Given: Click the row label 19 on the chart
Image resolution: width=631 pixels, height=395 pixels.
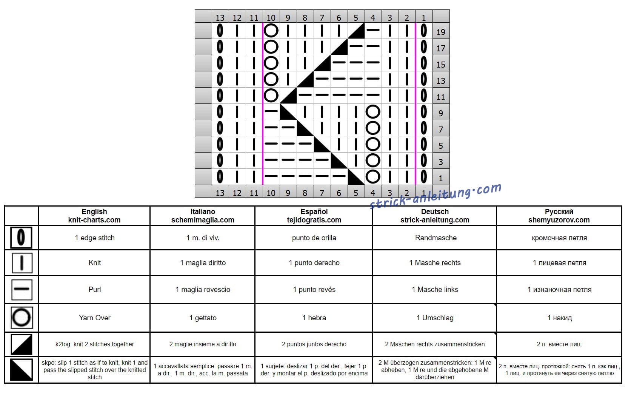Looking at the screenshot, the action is point(440,32).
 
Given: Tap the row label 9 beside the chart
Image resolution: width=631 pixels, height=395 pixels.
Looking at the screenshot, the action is point(440,113).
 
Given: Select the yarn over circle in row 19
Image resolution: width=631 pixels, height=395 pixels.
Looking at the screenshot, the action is point(271,31).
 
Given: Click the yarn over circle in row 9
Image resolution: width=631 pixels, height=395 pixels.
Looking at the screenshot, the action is point(373,112).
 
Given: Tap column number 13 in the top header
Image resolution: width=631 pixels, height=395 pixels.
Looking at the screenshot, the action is point(220,18).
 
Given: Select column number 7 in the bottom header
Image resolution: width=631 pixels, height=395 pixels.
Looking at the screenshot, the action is point(322,193).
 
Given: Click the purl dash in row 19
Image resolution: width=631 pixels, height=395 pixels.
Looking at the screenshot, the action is point(373,29).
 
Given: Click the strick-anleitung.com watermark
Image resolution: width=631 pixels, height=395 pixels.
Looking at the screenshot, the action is point(435,196).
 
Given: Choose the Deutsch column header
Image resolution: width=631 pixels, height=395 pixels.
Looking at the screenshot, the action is point(435,216).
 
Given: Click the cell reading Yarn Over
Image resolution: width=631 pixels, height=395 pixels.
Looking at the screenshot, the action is point(95,318).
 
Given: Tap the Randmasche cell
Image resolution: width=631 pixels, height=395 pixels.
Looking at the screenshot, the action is point(436,238).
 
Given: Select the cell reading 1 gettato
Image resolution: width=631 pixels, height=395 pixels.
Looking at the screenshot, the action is point(203,318).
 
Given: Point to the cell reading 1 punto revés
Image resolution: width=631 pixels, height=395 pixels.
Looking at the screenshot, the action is point(314,290).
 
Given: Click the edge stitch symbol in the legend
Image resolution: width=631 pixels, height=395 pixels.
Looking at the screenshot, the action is point(21,238).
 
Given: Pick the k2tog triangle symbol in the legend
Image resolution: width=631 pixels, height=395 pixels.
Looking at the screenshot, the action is point(22,344).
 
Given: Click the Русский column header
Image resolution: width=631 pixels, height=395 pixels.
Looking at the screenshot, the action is point(559,216).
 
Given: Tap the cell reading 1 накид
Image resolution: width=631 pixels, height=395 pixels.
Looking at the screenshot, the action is point(559,318).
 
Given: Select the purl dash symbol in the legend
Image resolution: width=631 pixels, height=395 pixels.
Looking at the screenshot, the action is point(22,289).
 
